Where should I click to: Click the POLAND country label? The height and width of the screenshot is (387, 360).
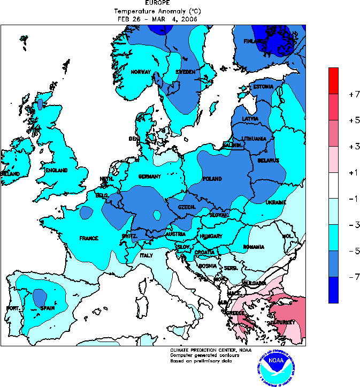point(212,179)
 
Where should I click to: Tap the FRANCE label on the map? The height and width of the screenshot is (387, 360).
point(89,238)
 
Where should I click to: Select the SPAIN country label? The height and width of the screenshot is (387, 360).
point(48,308)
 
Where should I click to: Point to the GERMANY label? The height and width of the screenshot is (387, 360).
point(150,177)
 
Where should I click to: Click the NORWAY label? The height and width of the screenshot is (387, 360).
point(141,72)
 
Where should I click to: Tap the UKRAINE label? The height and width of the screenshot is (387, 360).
point(276,203)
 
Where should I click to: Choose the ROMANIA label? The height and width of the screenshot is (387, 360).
point(254,247)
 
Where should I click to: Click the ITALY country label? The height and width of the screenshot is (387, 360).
point(147,255)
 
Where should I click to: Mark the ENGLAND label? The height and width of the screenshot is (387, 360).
point(56,171)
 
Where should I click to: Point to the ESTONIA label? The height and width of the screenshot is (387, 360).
point(263,87)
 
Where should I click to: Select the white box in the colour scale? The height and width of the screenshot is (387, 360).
point(333,185)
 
